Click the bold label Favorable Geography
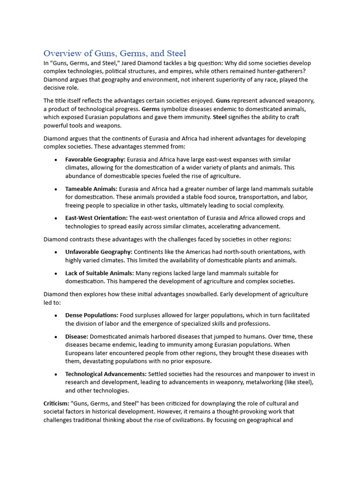(95, 159)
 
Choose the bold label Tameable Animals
(91, 189)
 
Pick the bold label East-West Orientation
(96, 218)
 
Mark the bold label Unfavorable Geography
(98, 252)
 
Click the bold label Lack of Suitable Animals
(99, 273)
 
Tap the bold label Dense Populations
(92, 315)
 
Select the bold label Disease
(76, 337)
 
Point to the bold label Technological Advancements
(105, 374)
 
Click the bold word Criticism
(56, 404)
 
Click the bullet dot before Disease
(55, 337)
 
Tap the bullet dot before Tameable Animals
(55, 189)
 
